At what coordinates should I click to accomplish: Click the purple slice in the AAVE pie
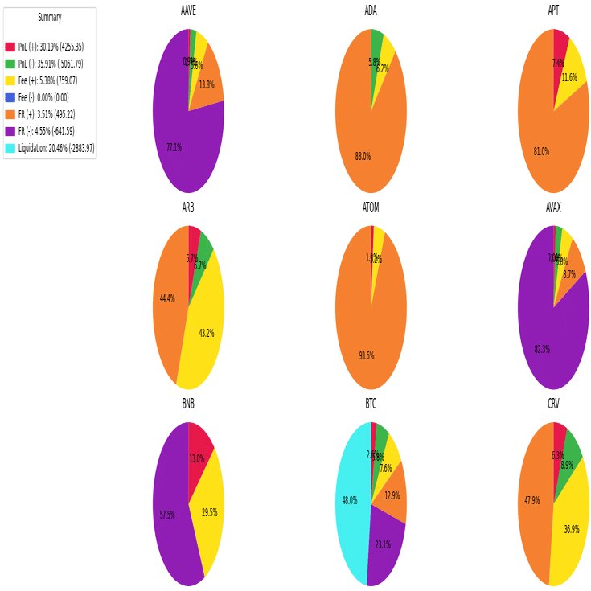tap(173, 137)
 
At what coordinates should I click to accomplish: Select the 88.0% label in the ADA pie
tap(363, 157)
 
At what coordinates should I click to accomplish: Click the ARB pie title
tap(188, 207)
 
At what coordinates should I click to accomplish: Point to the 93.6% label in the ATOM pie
tap(367, 355)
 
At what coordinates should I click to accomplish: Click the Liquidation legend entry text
tap(56, 149)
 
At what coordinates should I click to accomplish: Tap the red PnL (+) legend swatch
tap(10, 47)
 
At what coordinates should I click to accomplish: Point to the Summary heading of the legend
tap(50, 18)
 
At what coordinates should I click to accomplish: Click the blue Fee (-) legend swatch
tap(10, 98)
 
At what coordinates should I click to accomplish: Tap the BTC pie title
tap(371, 404)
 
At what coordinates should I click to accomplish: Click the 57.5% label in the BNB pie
tap(167, 515)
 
